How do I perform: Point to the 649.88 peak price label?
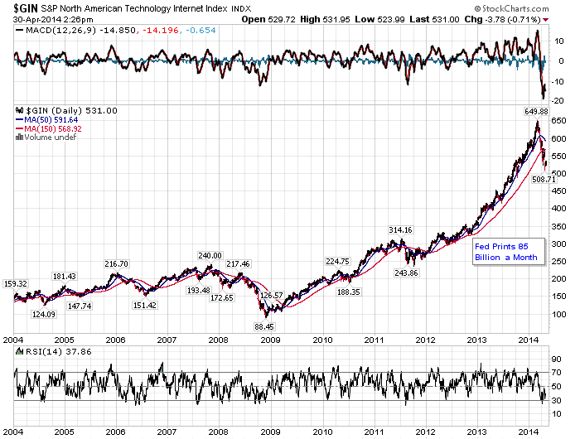click(536, 110)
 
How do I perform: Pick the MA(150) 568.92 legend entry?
click(55, 128)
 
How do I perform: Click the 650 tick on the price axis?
click(560, 120)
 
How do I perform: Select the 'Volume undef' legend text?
click(49, 137)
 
